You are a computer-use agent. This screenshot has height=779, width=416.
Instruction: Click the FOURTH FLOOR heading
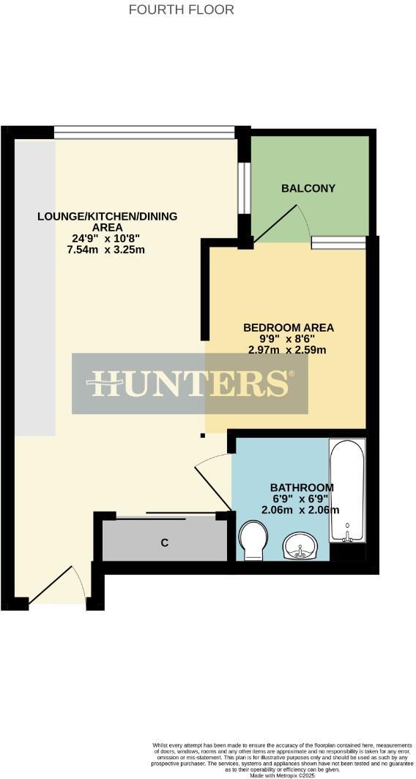coord(181,10)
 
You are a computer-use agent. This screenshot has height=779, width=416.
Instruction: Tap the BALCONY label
coord(308,188)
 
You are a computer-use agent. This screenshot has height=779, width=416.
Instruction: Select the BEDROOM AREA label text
coord(283,327)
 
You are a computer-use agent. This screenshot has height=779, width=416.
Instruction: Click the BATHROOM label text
coord(302,488)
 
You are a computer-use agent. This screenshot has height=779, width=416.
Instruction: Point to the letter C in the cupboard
coord(165,543)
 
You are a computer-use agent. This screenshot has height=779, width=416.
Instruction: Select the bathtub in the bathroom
coord(346,491)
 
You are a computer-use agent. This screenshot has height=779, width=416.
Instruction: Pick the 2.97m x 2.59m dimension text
coord(285,349)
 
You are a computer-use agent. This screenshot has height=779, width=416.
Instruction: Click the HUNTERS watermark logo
coord(190,383)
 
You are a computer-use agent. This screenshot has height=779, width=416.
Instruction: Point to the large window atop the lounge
coord(144,133)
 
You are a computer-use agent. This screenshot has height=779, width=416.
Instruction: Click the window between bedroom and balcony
coord(338,242)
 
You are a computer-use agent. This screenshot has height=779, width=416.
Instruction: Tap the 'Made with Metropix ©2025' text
coord(281,775)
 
